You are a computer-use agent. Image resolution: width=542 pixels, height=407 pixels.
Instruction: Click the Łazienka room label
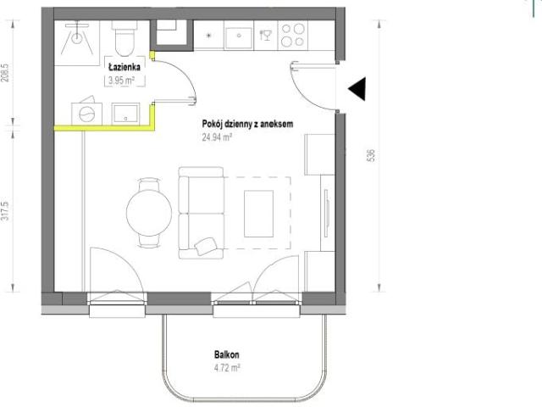pos(124,66)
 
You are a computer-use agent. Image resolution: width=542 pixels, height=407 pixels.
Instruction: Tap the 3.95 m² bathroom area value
pos(121,81)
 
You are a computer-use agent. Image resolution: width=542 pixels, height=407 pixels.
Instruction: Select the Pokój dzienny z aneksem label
pos(247,124)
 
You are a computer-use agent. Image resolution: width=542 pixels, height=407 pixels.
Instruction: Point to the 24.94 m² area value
pos(217,137)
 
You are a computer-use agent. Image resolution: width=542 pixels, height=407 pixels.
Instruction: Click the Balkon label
pos(226,354)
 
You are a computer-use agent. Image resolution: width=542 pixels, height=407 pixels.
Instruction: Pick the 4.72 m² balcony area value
pos(227,367)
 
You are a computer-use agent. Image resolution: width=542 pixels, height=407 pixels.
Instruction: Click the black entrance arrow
pos(357,89)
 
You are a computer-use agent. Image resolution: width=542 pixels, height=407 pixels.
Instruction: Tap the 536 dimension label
pos(371,155)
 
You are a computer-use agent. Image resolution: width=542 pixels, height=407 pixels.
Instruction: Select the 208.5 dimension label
pos(5,73)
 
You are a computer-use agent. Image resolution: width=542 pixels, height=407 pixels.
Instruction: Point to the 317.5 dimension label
pos(5,212)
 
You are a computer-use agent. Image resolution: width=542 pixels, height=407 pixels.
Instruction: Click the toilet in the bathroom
pos(124,38)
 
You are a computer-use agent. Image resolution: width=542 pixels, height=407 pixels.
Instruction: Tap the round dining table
pos(149,213)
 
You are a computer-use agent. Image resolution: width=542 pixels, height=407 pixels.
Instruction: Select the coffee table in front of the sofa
pos(258,214)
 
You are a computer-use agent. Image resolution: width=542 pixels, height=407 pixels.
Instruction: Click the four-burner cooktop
pos(293,36)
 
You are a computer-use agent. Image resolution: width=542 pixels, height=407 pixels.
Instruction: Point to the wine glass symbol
pos(265,35)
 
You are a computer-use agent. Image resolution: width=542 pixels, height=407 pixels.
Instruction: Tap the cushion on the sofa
pos(206,246)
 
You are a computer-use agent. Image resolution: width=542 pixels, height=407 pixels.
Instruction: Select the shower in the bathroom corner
pos(77,42)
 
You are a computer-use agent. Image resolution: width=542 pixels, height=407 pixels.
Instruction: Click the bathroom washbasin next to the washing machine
pos(126,114)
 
